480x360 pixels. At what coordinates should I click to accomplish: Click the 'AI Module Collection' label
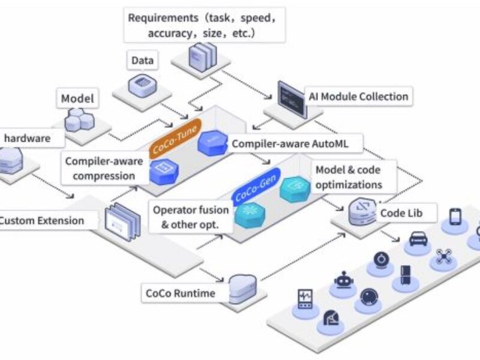(x=358, y=96)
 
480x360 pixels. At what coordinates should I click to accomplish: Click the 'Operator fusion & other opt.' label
(x=190, y=217)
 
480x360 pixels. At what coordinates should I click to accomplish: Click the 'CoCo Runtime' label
(x=179, y=293)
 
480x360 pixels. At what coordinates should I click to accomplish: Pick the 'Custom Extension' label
(x=42, y=220)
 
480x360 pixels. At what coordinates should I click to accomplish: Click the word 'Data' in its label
(x=143, y=61)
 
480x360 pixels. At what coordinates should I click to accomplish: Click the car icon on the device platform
(x=418, y=238)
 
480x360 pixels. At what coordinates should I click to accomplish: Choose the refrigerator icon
(x=406, y=275)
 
